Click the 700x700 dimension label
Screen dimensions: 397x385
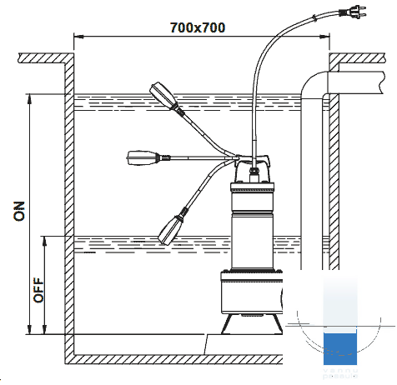198,27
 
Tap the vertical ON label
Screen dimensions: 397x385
19,211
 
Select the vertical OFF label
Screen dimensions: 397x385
38,290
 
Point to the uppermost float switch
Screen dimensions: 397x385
163,95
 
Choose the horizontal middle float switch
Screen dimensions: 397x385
143,158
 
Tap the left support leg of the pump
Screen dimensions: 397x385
226,324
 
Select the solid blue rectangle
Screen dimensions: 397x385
340,349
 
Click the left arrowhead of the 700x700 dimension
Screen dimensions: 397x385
78,37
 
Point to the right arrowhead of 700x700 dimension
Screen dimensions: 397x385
324,37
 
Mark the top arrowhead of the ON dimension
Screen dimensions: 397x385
29,99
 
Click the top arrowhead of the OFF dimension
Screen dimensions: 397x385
44,241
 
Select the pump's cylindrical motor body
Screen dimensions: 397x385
252,226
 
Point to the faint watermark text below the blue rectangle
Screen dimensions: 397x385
340,373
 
